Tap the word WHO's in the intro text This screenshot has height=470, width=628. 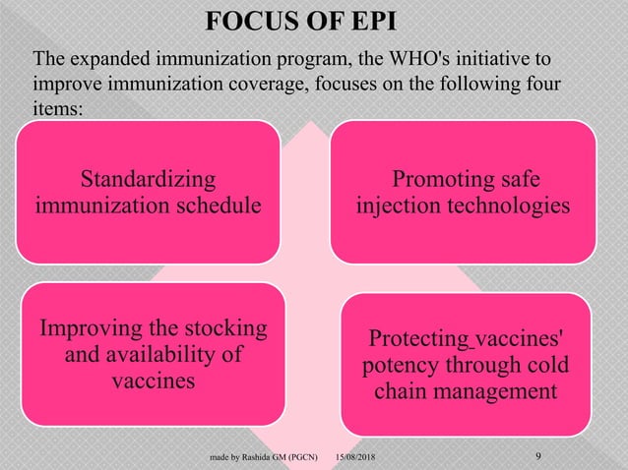pyautogui.click(x=367, y=60)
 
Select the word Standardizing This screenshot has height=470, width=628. pyautogui.click(x=149, y=180)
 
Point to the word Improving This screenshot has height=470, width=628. pyautogui.click(x=88, y=326)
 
